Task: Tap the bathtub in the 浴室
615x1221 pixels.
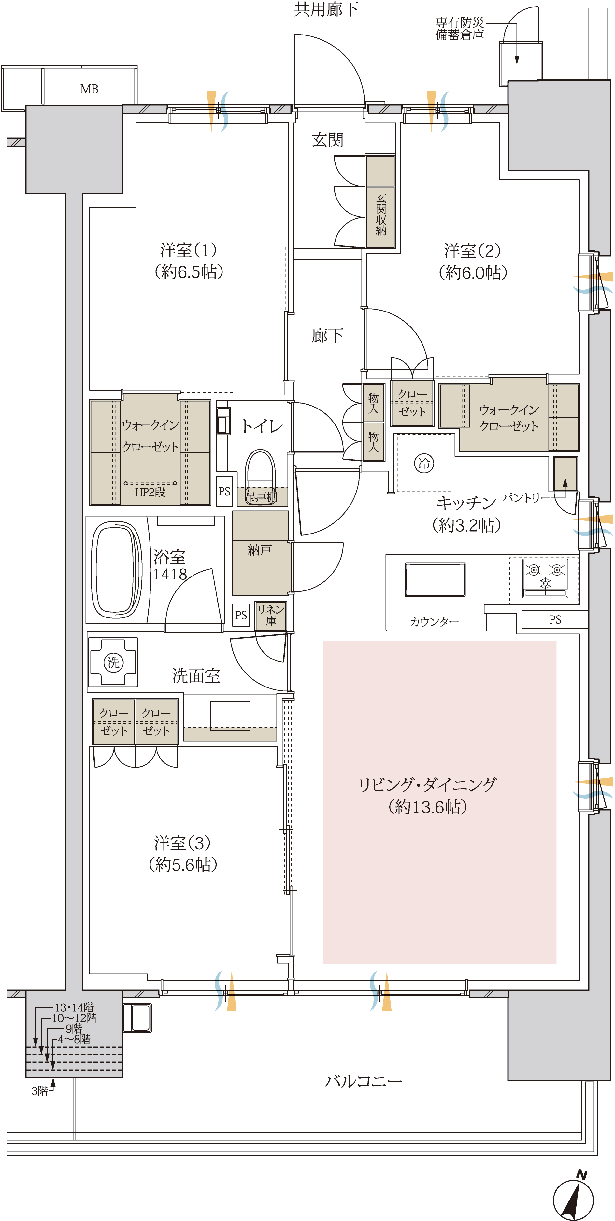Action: (117, 569)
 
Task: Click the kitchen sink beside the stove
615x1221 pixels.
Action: (435, 579)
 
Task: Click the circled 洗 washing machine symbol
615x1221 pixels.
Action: (113, 662)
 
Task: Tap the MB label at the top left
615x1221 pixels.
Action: (89, 89)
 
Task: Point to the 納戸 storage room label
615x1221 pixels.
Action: (260, 550)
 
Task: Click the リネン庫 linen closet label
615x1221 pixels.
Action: (271, 615)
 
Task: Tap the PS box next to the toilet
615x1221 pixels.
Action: (224, 492)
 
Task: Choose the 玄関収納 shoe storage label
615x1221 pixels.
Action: (381, 214)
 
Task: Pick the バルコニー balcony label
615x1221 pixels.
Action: (364, 1081)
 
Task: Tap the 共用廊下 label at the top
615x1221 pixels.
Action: (326, 9)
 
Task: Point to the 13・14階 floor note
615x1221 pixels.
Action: (75, 1007)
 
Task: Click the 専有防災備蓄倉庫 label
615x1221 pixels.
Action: (460, 28)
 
